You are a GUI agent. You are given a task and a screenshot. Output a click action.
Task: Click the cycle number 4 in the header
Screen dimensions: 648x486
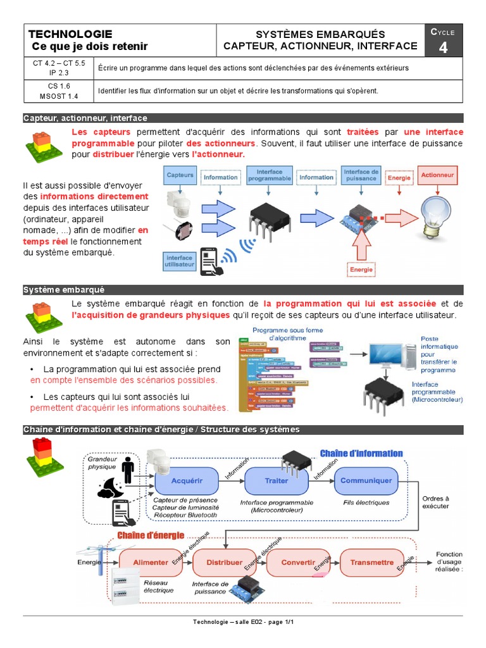tap(443, 47)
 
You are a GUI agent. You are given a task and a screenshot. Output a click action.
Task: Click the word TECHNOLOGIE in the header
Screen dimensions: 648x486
tap(71, 34)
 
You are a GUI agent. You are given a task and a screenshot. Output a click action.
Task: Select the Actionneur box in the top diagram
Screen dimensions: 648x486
tap(437, 175)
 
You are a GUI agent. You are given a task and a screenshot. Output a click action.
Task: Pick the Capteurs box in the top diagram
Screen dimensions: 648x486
tap(180, 175)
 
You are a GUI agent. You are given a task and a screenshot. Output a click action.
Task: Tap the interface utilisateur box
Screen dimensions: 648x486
tap(179, 261)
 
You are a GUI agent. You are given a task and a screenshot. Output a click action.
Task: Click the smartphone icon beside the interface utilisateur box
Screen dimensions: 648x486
tap(212, 261)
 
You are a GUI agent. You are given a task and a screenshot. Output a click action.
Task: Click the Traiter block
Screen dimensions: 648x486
tap(276, 481)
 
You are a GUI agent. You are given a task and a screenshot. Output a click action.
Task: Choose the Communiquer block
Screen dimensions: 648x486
tap(366, 480)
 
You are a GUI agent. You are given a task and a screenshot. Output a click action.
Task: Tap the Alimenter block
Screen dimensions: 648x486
tap(151, 562)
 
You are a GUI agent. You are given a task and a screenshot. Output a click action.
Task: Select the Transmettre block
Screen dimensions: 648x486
tap(371, 562)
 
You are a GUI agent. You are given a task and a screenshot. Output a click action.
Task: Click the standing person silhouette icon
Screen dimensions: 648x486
tap(128, 469)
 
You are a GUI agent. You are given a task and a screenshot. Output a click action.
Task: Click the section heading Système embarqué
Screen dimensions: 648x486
tap(64, 289)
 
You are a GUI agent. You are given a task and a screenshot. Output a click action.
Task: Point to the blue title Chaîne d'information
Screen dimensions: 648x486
tap(361, 453)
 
